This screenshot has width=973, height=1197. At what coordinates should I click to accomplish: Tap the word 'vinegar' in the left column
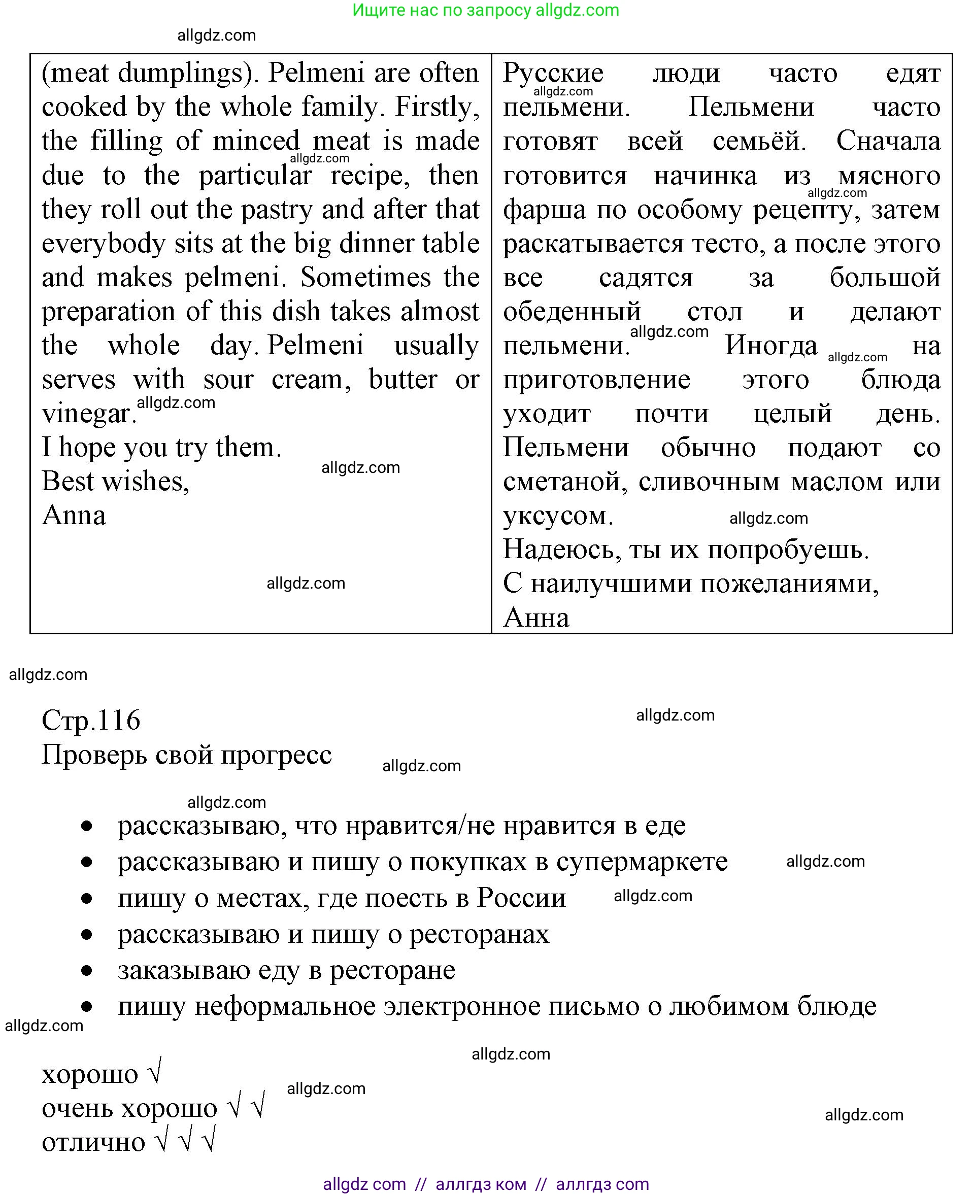tap(88, 414)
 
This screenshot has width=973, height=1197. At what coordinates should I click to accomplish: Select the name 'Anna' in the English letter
tap(74, 516)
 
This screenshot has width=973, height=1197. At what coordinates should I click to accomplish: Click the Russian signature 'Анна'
tap(536, 618)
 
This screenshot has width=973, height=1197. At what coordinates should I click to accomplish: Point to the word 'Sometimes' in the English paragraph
tap(365, 278)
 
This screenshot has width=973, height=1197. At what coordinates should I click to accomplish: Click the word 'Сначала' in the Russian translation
tap(888, 141)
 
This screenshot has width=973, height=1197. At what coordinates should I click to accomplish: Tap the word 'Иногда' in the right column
tap(770, 346)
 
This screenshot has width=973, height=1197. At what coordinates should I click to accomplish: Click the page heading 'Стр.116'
tap(91, 720)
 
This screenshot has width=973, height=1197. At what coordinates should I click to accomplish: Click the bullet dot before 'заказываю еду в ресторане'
tap(86, 971)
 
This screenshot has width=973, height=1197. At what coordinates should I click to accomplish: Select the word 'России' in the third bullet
tap(521, 898)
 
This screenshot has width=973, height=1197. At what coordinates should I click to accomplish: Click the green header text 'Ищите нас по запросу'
tap(441, 10)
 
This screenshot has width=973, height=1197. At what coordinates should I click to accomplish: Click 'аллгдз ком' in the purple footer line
tap(480, 1184)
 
